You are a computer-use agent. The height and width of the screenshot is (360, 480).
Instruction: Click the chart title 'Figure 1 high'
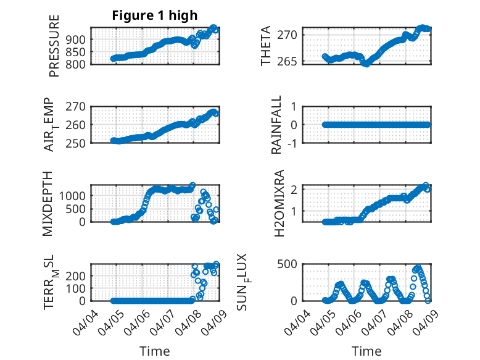coord(155,15)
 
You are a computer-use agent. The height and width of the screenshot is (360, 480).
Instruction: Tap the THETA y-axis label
coord(266,46)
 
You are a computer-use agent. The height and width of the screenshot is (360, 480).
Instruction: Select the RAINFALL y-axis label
coord(277,125)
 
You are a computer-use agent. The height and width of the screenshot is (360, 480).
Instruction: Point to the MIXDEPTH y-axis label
coord(48,203)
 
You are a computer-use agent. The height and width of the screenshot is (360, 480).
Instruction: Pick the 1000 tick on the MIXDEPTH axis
coord(77,196)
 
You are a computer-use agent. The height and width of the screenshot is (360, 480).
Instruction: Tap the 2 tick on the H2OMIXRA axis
coord(296,189)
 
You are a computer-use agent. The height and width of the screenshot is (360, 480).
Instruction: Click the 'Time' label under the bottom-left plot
coord(155,351)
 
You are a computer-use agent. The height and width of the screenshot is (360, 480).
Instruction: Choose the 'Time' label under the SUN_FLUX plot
coord(366,351)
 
